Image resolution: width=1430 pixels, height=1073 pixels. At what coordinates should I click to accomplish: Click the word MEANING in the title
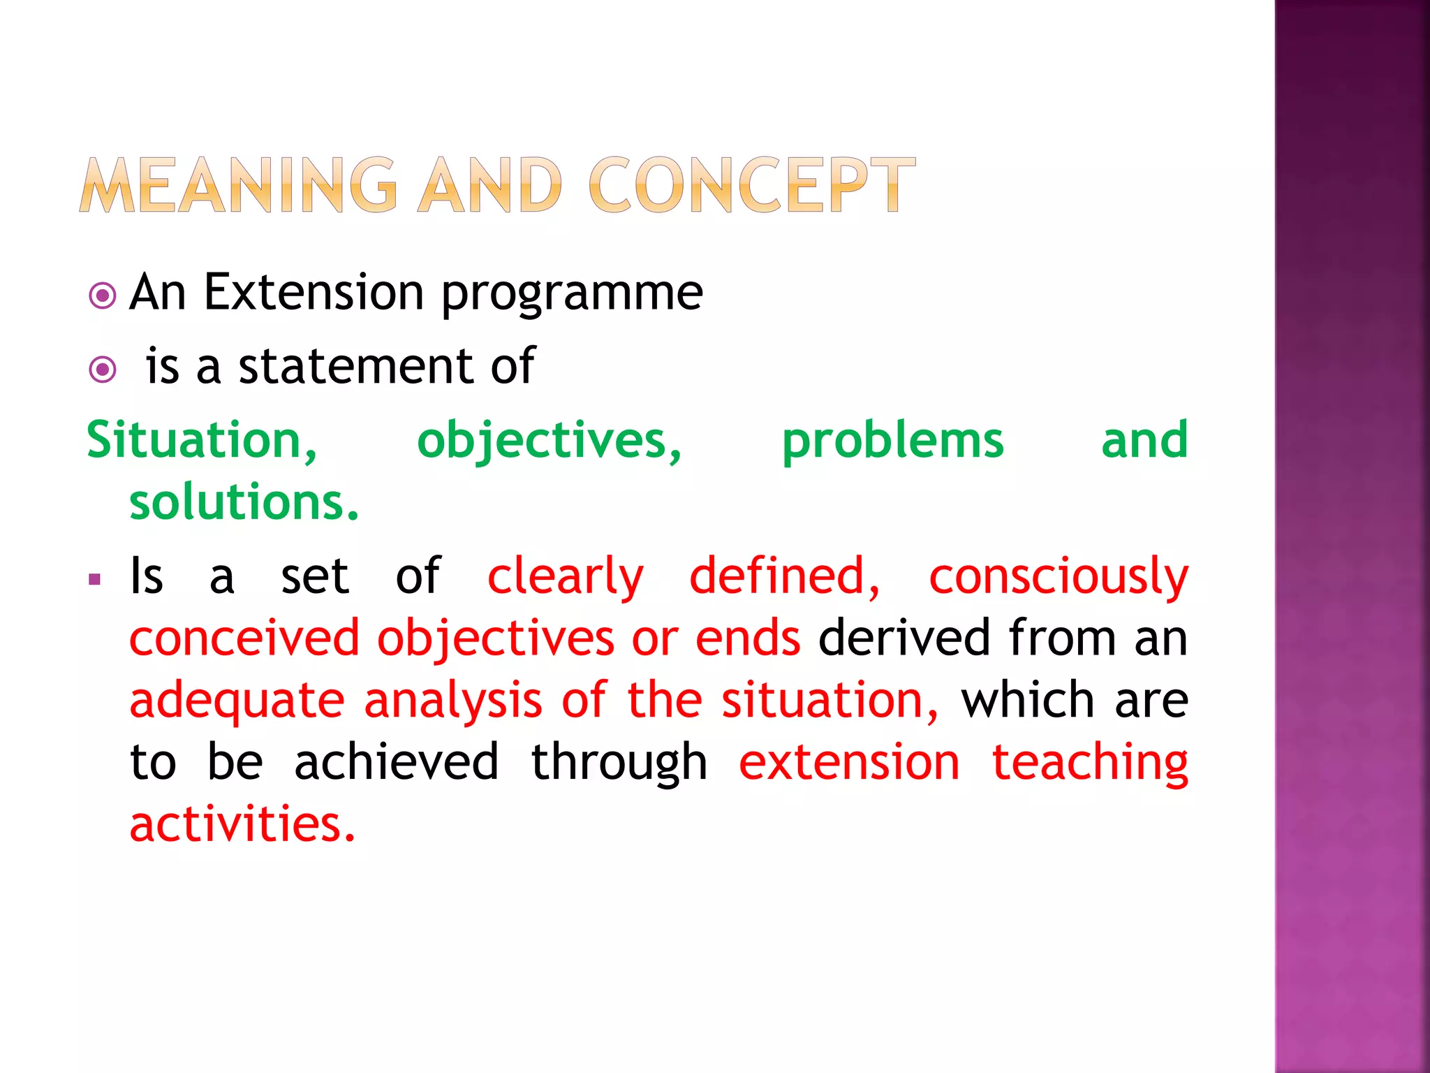pos(238,186)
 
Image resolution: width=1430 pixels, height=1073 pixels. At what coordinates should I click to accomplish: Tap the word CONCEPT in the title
pos(752,186)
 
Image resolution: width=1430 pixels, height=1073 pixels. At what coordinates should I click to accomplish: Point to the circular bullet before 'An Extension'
pos(103,295)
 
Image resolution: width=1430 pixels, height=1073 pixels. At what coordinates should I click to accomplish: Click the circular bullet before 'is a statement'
pos(103,369)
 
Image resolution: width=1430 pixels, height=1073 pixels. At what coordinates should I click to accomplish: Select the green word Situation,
pos(202,441)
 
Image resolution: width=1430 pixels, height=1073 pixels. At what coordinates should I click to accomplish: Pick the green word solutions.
pos(244,502)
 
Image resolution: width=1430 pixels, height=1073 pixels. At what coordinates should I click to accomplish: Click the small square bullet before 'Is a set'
pos(95,579)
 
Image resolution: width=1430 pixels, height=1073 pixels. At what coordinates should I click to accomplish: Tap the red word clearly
pos(565,578)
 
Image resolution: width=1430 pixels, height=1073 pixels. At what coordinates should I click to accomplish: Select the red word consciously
pos(1058,578)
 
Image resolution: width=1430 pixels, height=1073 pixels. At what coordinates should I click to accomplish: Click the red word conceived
pos(244,638)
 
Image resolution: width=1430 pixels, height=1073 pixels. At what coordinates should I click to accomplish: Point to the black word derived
pos(904,638)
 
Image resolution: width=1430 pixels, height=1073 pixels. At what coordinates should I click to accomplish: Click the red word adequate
pos(237,701)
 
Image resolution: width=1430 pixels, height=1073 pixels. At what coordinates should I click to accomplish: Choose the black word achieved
pos(396,761)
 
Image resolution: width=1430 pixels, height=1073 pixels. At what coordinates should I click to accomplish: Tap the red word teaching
pos(1089,763)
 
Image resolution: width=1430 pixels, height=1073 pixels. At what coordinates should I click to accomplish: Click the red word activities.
pos(242,824)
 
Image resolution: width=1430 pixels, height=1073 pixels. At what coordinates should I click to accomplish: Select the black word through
pos(619,763)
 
